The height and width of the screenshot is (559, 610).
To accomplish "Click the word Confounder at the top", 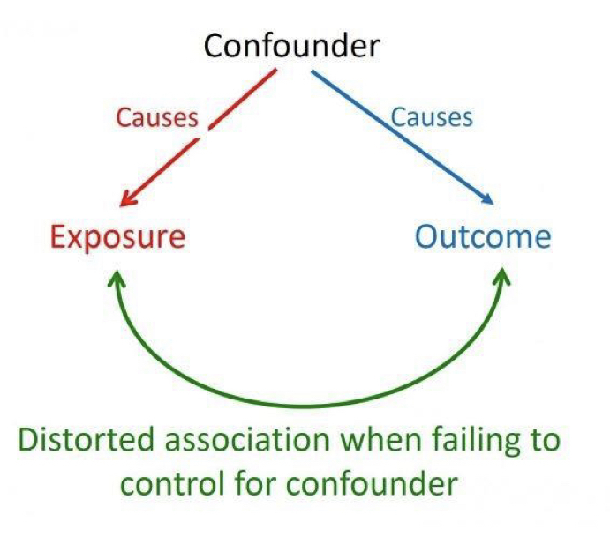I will [293, 46].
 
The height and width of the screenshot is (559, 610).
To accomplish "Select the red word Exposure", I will [117, 237].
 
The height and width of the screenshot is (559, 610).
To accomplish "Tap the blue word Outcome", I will [483, 237].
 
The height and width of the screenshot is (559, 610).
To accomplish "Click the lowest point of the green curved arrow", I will [309, 406].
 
